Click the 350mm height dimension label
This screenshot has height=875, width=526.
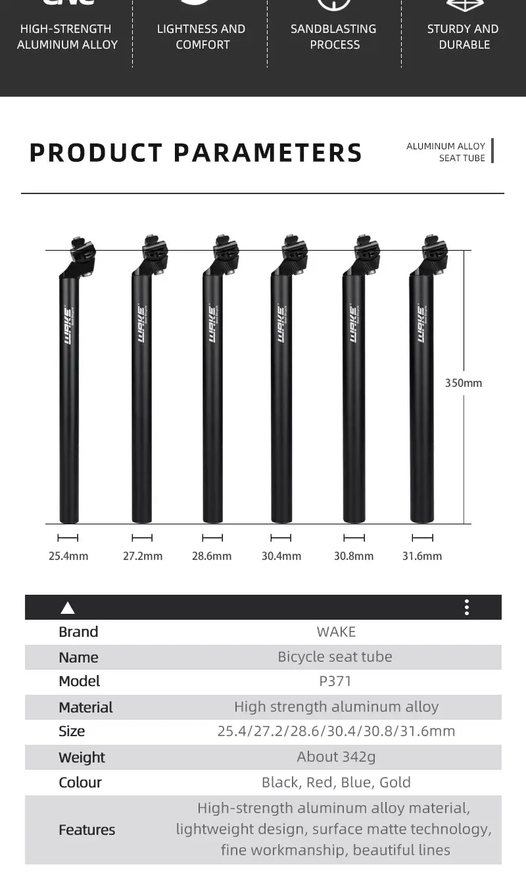pyautogui.click(x=464, y=383)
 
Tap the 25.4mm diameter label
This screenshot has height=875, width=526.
pyautogui.click(x=68, y=556)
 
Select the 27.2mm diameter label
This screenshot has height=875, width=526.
pyautogui.click(x=143, y=556)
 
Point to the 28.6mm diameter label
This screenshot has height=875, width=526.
pyautogui.click(x=212, y=556)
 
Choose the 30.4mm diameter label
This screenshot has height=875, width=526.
pyautogui.click(x=281, y=556)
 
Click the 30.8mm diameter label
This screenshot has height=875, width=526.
pyautogui.click(x=353, y=556)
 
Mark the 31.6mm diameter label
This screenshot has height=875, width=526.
pyautogui.click(x=422, y=556)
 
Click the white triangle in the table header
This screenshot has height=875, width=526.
pyautogui.click(x=68, y=608)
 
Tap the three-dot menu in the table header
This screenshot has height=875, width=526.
pyautogui.click(x=467, y=607)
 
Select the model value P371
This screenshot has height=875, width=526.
pyautogui.click(x=335, y=682)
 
